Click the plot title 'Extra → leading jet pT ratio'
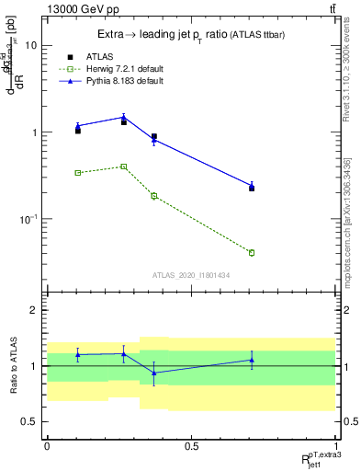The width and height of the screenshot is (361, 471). (156, 34)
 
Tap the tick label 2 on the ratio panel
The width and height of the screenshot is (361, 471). (34, 311)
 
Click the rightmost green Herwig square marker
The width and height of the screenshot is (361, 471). (252, 252)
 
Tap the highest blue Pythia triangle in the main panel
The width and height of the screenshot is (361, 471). (124, 117)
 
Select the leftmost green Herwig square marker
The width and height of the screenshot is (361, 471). (78, 172)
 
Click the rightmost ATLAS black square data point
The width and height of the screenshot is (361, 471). (252, 188)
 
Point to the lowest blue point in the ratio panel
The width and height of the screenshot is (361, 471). (154, 373)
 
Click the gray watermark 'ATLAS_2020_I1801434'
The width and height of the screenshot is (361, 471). (190, 274)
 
